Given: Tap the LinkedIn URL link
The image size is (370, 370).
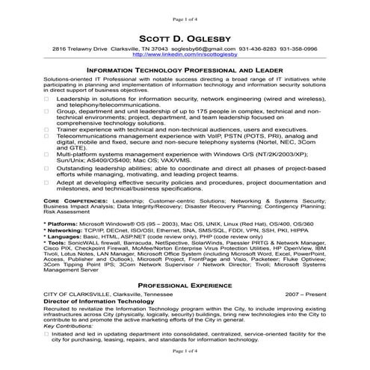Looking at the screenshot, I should point(184,55).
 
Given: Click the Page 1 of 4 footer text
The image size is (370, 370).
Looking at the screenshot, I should point(184,351).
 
